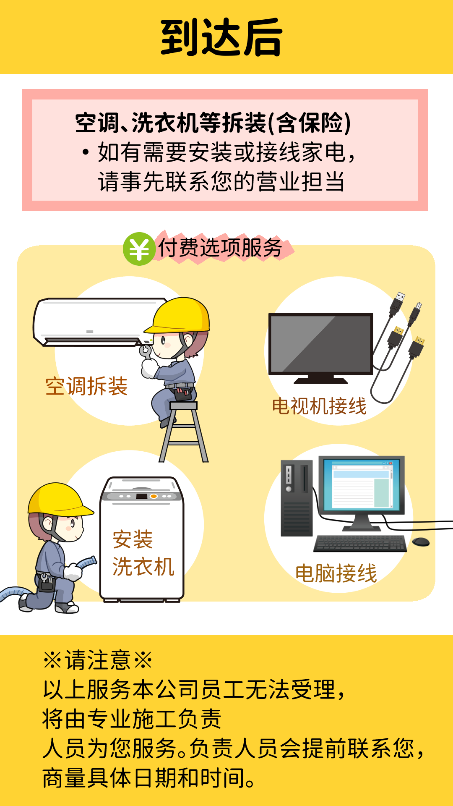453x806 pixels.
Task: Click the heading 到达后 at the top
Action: [221, 37]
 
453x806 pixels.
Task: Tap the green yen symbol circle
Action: [139, 249]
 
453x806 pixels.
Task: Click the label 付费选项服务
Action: [220, 247]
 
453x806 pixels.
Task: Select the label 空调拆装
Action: [86, 386]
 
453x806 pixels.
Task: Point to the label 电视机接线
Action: [319, 406]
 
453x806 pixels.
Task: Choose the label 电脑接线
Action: [336, 573]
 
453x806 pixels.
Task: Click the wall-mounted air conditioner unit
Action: [101, 322]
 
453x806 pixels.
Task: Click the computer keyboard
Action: [360, 543]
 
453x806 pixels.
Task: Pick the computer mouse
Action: [421, 542]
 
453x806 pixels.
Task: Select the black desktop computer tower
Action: [297, 498]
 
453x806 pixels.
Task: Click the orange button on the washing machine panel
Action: [154, 496]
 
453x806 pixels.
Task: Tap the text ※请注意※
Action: [98, 660]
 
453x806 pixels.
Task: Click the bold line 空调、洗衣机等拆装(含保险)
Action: [213, 123]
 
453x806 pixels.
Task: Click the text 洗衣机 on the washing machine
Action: [143, 567]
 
